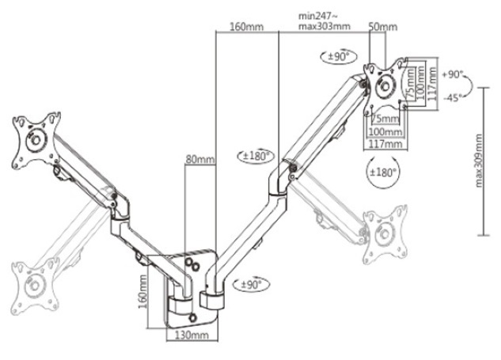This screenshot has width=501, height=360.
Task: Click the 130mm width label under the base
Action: pyautogui.click(x=191, y=335)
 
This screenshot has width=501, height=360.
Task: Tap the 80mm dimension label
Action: pyautogui.click(x=200, y=159)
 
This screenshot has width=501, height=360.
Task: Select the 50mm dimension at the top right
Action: pyautogui.click(x=382, y=27)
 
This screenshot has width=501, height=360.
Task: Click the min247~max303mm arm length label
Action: pyautogui.click(x=324, y=21)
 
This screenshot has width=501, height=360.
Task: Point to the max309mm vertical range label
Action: pyautogui.click(x=479, y=161)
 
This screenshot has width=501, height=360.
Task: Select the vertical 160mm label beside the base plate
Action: pyautogui.click(x=142, y=291)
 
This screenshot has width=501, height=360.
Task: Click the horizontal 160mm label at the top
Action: pyautogui.click(x=247, y=27)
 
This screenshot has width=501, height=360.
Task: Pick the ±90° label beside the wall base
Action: pyautogui.click(x=252, y=284)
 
